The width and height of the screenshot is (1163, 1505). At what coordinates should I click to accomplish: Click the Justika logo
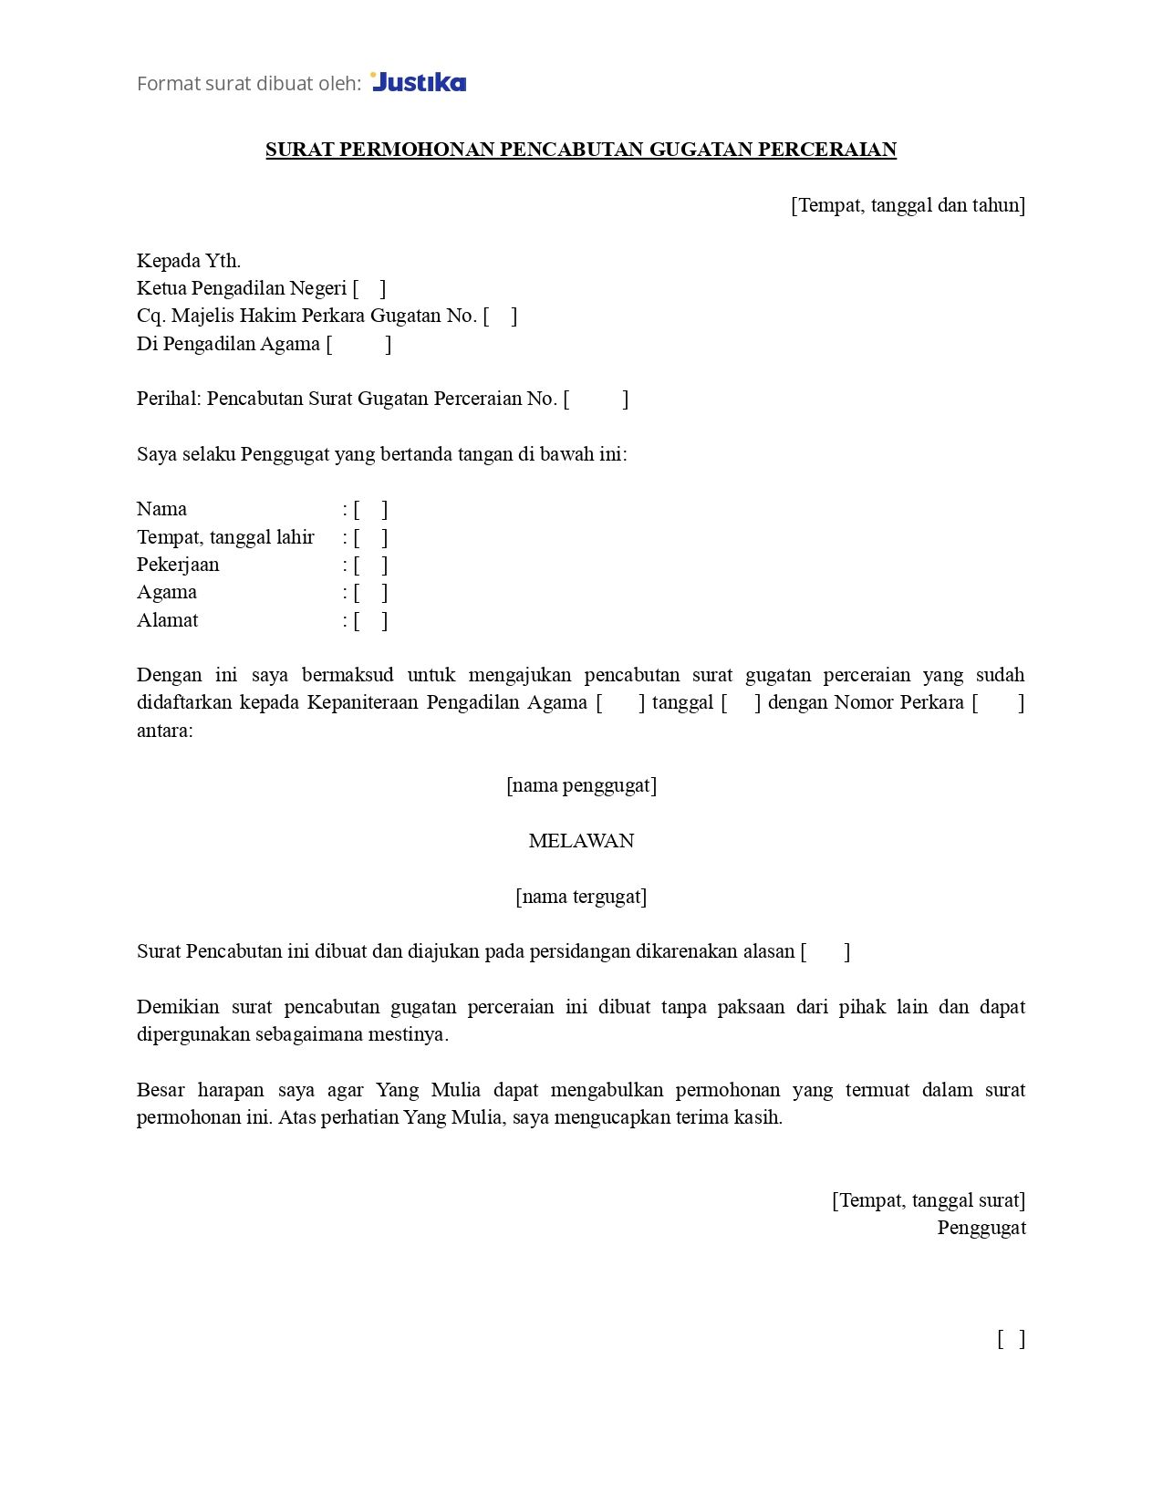(419, 82)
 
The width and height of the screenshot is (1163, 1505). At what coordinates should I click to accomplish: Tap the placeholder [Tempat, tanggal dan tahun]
(908, 205)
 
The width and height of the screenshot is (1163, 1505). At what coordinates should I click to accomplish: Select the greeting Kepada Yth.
(189, 261)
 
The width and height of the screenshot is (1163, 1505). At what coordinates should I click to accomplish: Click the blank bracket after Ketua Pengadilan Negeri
(369, 288)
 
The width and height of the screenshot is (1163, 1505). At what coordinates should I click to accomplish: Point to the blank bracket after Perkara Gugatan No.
(500, 316)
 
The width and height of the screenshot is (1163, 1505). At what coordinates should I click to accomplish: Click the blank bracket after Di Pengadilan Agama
(358, 344)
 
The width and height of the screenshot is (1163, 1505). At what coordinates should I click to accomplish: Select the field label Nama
(161, 509)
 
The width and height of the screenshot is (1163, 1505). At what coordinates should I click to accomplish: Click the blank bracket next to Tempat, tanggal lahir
(370, 537)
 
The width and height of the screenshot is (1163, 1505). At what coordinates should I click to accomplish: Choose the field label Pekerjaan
(178, 565)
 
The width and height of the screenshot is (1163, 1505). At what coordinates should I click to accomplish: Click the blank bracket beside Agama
(370, 592)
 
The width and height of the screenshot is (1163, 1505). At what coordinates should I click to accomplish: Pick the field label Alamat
(167, 620)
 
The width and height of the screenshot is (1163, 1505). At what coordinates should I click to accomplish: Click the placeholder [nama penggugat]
(581, 785)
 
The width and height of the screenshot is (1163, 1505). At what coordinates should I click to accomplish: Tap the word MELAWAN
(581, 841)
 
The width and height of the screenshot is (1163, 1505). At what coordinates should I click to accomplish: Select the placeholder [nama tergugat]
(581, 897)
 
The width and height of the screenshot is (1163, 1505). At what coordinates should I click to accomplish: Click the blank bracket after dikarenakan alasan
(825, 951)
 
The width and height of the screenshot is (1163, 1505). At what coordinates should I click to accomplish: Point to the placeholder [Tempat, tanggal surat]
(929, 1200)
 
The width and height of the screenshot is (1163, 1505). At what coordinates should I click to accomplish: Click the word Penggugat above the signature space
(981, 1228)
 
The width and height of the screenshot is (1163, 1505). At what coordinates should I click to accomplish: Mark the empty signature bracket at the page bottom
(1011, 1339)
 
